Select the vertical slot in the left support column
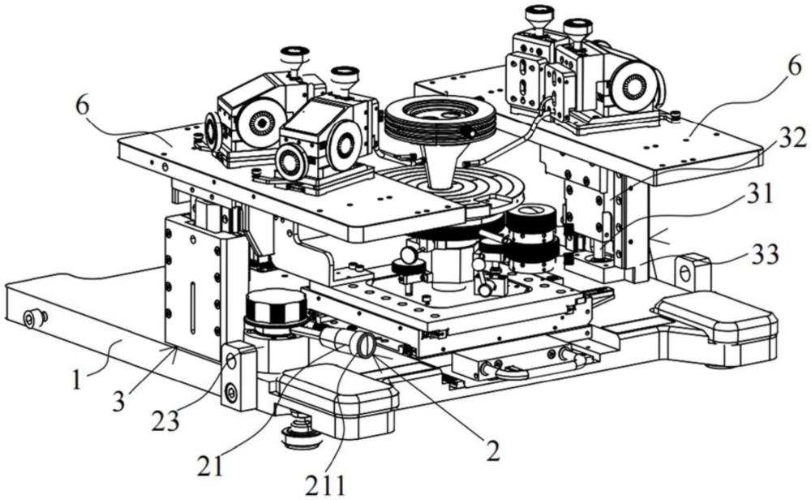tap(191, 308)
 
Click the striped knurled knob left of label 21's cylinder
tap(274, 311)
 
